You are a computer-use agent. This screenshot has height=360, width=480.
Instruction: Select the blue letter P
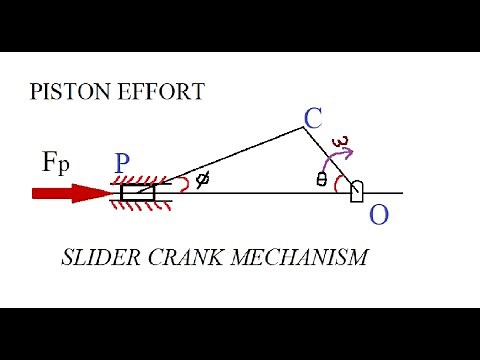[123, 163]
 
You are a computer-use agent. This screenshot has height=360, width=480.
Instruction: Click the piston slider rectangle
[138, 191]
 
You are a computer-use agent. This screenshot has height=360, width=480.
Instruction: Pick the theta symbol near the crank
[322, 180]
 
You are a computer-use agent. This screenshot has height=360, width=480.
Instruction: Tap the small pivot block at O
[356, 192]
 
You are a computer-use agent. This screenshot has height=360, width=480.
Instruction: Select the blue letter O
[378, 213]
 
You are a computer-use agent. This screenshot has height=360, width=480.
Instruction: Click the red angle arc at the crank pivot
[338, 184]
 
